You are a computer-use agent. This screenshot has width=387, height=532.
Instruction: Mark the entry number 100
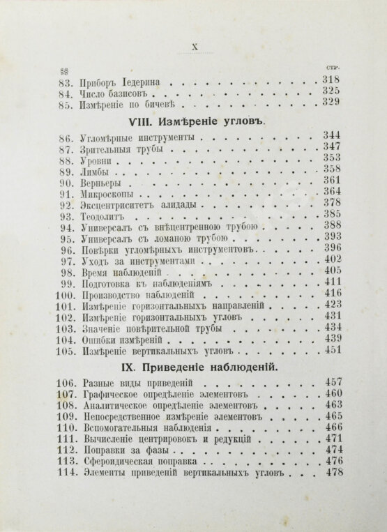64,294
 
